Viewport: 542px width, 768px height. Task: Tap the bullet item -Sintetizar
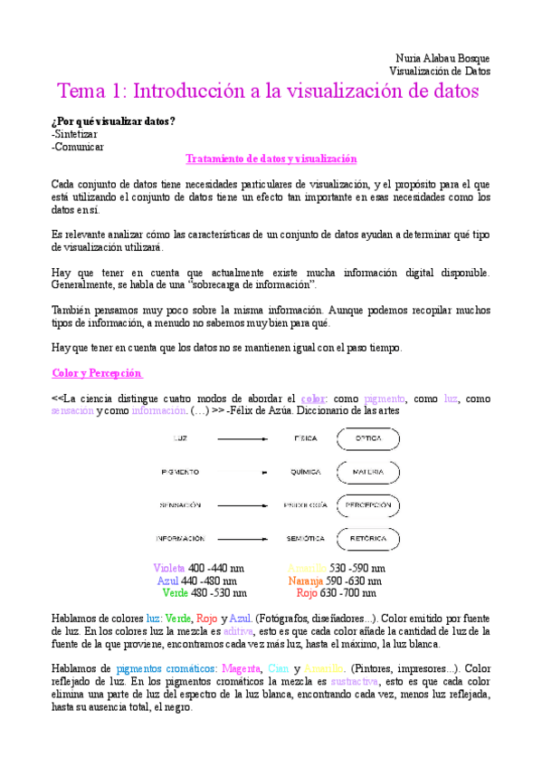[x=78, y=133]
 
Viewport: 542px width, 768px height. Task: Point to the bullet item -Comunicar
[x=78, y=146]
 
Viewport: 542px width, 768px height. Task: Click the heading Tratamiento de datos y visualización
[x=271, y=158]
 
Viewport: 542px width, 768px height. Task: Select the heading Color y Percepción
[x=97, y=373]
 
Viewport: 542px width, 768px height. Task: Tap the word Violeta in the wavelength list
[x=169, y=568]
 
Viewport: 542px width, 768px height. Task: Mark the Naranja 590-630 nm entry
[x=334, y=581]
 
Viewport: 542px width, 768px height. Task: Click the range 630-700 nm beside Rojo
[x=348, y=593]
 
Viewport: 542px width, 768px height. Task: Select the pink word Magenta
[x=233, y=667]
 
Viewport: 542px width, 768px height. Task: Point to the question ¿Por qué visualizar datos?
[x=114, y=120]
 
